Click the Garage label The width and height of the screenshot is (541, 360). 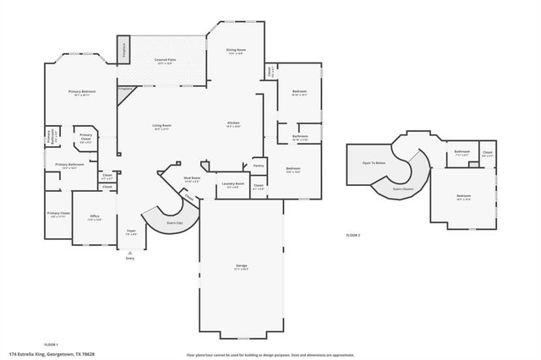(x=241, y=266)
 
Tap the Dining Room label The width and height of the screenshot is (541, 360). (x=236, y=51)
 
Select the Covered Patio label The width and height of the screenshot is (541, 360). (x=165, y=61)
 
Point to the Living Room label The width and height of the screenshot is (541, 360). (x=161, y=127)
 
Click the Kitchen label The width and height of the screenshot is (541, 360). (x=233, y=124)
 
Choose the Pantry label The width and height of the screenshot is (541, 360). (x=259, y=166)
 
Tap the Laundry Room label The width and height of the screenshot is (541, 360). (x=233, y=183)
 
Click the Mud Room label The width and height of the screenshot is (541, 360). (x=192, y=178)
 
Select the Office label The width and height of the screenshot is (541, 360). (x=95, y=216)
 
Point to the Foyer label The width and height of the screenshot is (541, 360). (x=131, y=231)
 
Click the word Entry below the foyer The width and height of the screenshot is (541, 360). (x=129, y=259)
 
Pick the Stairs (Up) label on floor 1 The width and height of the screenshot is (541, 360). (x=175, y=223)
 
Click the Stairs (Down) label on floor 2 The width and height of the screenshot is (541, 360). (x=402, y=189)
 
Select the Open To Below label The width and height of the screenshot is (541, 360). (x=374, y=161)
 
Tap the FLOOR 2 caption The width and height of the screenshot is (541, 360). (x=353, y=234)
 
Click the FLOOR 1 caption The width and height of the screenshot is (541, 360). (x=50, y=344)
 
